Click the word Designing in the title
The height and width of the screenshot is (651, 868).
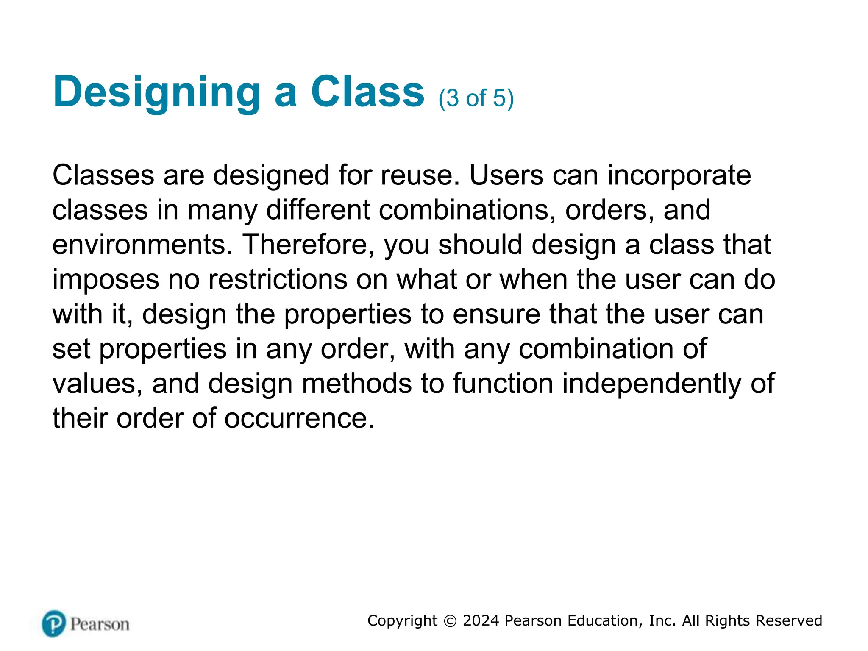pyautogui.click(x=157, y=92)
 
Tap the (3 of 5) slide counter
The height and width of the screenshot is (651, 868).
pyautogui.click(x=476, y=98)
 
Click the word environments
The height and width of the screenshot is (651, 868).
pyautogui.click(x=142, y=245)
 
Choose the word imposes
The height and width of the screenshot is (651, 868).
pyautogui.click(x=106, y=280)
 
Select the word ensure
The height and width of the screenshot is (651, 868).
pyautogui.click(x=496, y=314)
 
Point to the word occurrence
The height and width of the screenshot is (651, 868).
pyautogui.click(x=299, y=419)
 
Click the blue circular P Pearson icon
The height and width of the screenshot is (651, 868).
pyautogui.click(x=54, y=624)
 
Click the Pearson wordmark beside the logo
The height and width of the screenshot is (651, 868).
pyautogui.click(x=100, y=624)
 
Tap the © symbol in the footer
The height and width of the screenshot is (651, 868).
pyautogui.click(x=450, y=621)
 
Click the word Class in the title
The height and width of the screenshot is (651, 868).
pyautogui.click(x=367, y=92)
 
